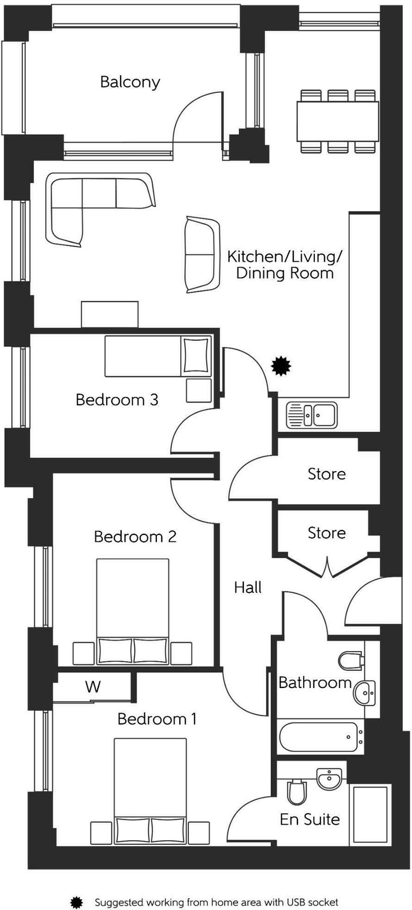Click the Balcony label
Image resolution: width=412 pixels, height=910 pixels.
tap(130, 82)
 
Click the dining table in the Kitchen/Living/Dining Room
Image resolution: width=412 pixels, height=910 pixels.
tap(338, 122)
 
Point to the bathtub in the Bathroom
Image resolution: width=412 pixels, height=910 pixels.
tap(320, 737)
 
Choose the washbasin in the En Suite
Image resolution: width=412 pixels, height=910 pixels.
tap(329, 779)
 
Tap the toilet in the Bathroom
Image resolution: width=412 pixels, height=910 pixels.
tap(351, 660)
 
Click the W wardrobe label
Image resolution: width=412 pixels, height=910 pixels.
tap(93, 687)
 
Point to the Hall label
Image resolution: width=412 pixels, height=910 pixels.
tap(248, 587)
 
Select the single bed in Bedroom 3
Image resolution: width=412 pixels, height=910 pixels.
tap(158, 356)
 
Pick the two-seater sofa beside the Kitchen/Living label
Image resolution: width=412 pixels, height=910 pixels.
tap(202, 254)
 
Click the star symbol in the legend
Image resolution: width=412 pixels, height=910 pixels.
tap(76, 888)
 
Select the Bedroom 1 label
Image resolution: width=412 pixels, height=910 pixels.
tap(157, 719)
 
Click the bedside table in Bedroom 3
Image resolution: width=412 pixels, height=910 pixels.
tap(198, 390)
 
